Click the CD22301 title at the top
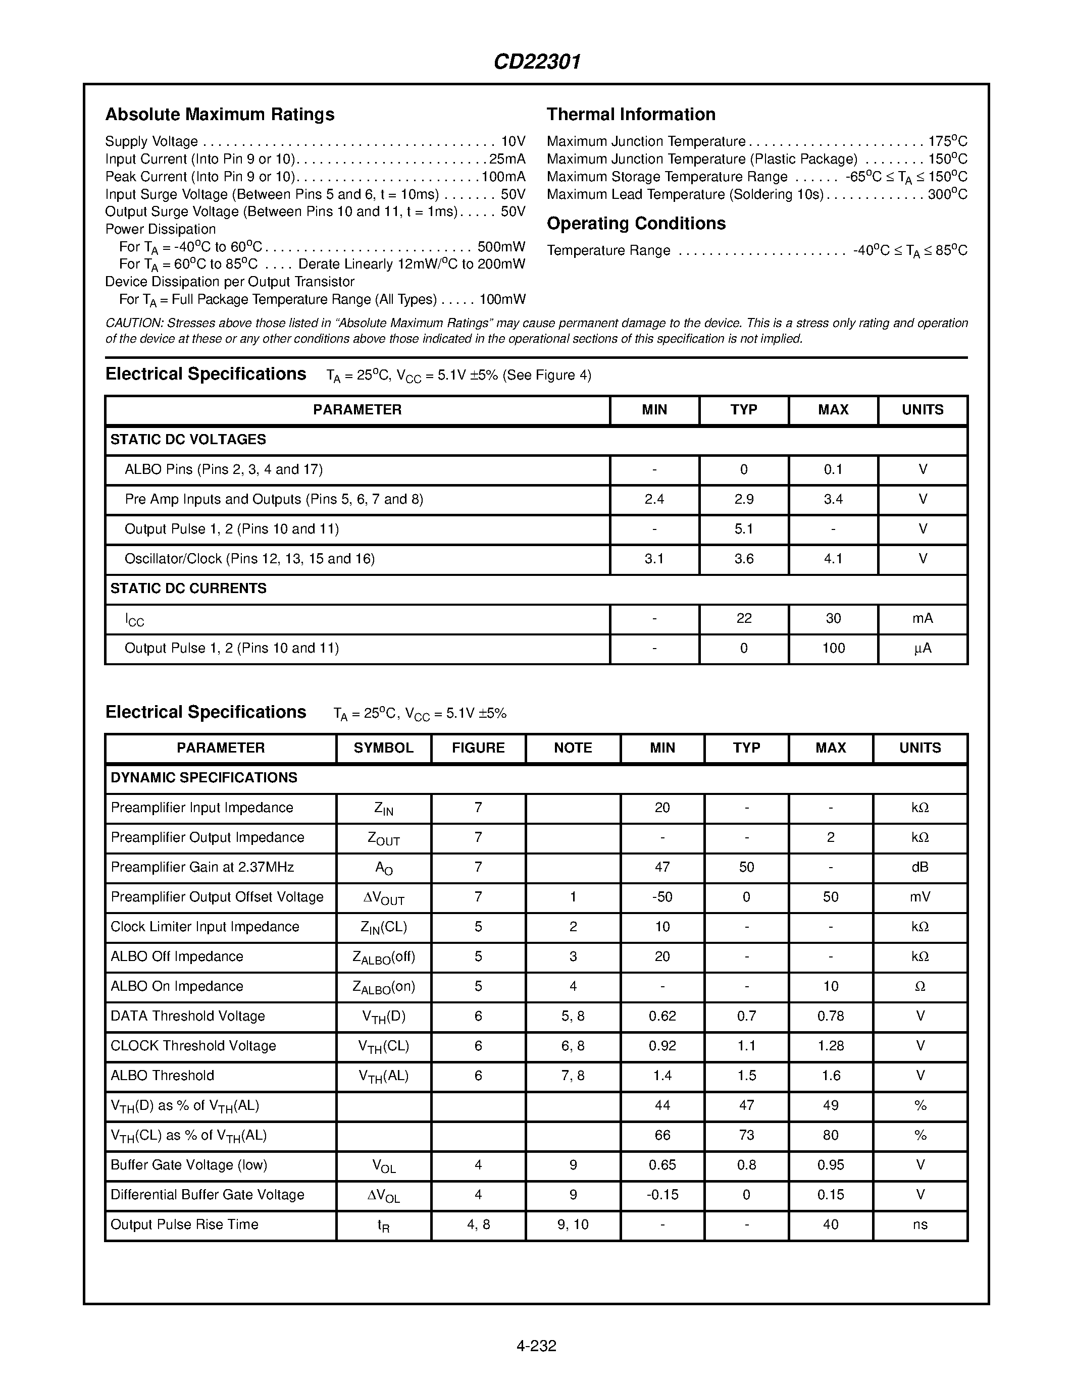pos(537,62)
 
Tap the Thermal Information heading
pos(631,115)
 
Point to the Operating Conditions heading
pos(636,224)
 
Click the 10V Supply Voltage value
pos(513,141)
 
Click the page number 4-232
pos(536,1346)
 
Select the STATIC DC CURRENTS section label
pos(188,589)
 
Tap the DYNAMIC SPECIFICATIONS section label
pos(203,778)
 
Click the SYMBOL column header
pos(383,748)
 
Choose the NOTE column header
pos(573,748)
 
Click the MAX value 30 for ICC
pos(833,618)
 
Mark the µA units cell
pos(923,648)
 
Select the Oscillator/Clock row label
pos(249,559)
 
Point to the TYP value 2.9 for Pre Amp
pos(744,500)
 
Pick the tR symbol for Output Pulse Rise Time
pos(383,1225)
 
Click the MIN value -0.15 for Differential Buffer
pos(662,1195)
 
